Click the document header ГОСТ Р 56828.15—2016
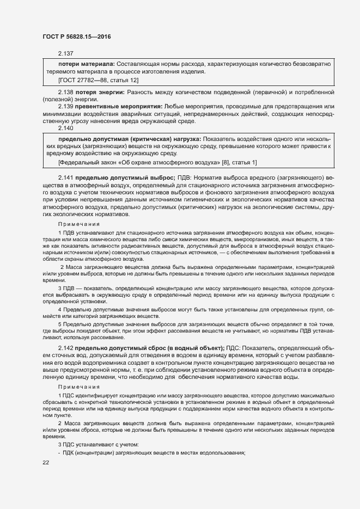76,36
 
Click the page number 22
46,462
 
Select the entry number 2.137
65,53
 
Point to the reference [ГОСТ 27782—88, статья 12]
99,80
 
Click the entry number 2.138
65,94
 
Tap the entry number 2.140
65,128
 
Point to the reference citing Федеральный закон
157,162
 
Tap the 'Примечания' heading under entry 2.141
79,224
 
